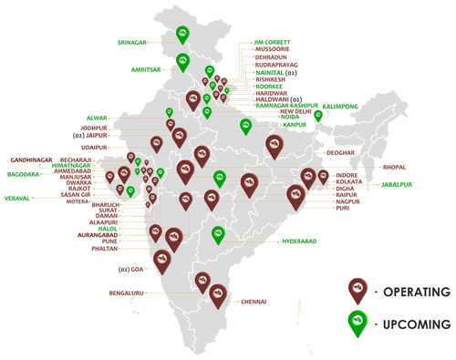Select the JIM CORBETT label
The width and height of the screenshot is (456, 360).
pyautogui.click(x=276, y=42)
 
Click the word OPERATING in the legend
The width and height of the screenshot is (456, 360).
pyautogui.click(x=414, y=292)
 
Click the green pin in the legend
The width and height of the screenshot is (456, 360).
pyautogui.click(x=352, y=323)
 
